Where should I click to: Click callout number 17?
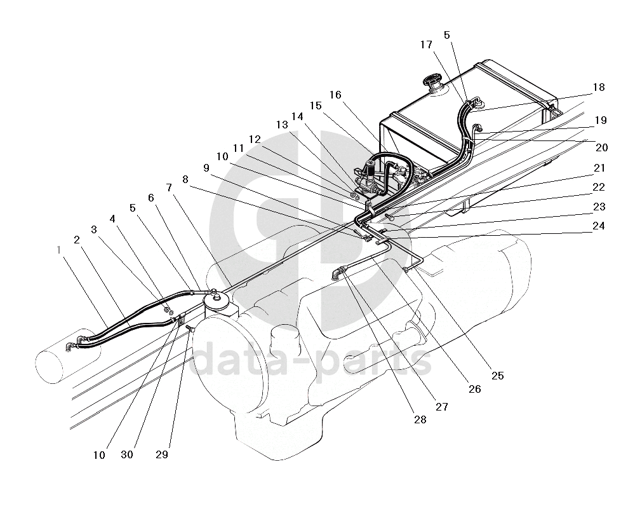426,44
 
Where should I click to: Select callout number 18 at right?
599,88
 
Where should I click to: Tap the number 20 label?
602,147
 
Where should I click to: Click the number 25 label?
497,376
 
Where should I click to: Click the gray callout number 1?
58,250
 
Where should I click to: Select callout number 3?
94,229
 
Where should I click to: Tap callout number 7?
169,187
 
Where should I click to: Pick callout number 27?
441,407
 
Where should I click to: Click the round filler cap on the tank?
434,82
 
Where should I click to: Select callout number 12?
255,139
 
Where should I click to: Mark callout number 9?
206,168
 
